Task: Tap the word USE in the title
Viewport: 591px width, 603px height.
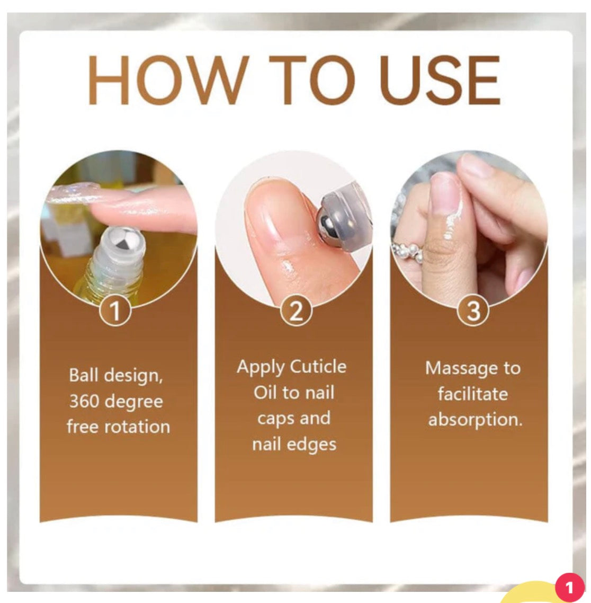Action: coord(441,80)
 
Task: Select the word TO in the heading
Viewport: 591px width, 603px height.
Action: coord(311,80)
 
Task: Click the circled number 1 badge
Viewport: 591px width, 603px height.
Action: coord(115,311)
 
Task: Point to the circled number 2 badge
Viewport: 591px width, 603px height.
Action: coord(295,311)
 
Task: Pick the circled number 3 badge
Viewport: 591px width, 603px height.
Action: coord(473,311)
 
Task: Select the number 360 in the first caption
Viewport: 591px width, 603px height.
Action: coord(84,401)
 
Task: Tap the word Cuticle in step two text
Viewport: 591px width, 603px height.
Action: coord(319,367)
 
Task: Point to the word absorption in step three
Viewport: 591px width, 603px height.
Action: coord(476,420)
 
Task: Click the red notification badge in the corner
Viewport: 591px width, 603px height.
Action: coord(569,587)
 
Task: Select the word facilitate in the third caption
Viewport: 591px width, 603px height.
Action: coord(473,394)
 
